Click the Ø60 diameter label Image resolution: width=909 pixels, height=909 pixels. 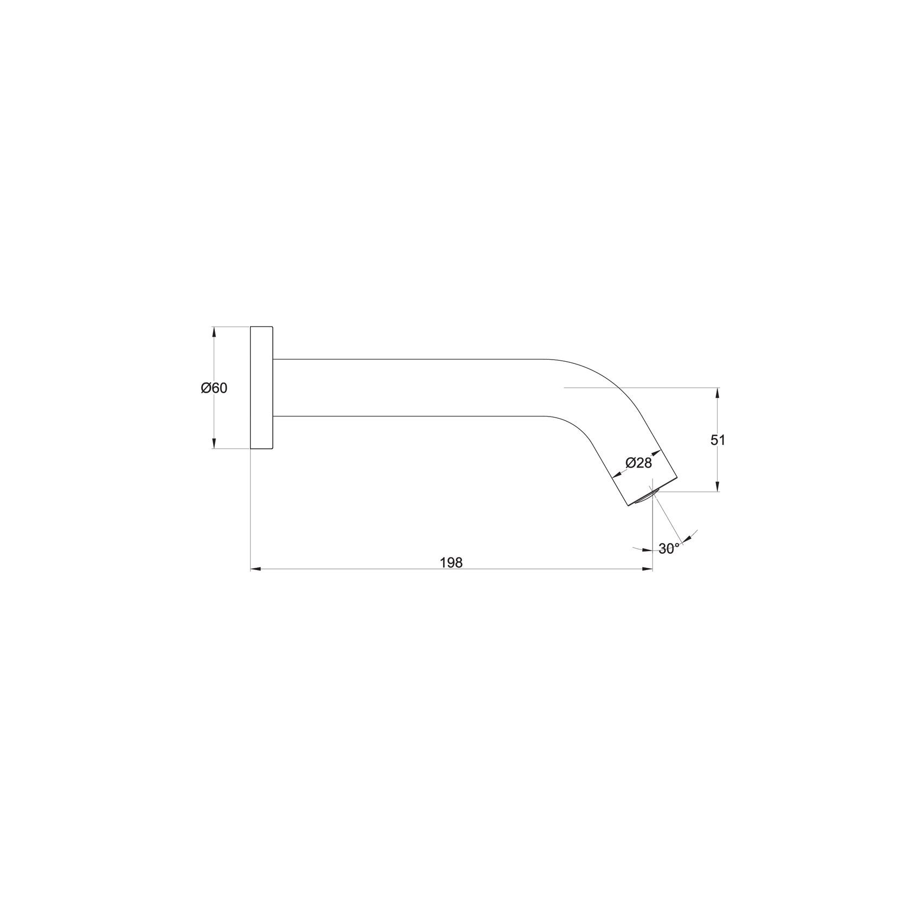pyautogui.click(x=214, y=388)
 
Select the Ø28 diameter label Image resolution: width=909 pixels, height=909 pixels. pyautogui.click(x=638, y=463)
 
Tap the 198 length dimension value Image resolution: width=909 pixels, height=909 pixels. pyautogui.click(x=451, y=563)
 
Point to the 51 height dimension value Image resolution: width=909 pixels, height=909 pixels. pyautogui.click(x=718, y=440)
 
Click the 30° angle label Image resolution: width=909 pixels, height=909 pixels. pyautogui.click(x=669, y=548)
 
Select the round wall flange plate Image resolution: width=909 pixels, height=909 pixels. pyautogui.click(x=261, y=388)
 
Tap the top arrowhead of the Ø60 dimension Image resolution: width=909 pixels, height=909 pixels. pyautogui.click(x=214, y=331)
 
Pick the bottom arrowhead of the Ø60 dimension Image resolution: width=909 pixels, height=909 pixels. pyautogui.click(x=214, y=444)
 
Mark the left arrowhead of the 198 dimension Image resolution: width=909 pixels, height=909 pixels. pyautogui.click(x=255, y=569)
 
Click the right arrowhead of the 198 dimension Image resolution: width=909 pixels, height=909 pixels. pyautogui.click(x=648, y=569)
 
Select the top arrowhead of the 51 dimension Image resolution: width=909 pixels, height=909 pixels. pyautogui.click(x=718, y=392)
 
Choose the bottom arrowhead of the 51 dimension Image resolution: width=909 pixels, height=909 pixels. pyautogui.click(x=718, y=487)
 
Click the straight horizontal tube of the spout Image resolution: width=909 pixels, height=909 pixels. pyautogui.click(x=407, y=388)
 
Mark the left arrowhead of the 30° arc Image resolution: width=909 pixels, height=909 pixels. pyautogui.click(x=647, y=550)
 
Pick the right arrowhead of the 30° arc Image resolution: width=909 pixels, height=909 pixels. pyautogui.click(x=687, y=539)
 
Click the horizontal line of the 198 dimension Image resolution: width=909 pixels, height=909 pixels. pyautogui.click(x=353, y=569)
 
